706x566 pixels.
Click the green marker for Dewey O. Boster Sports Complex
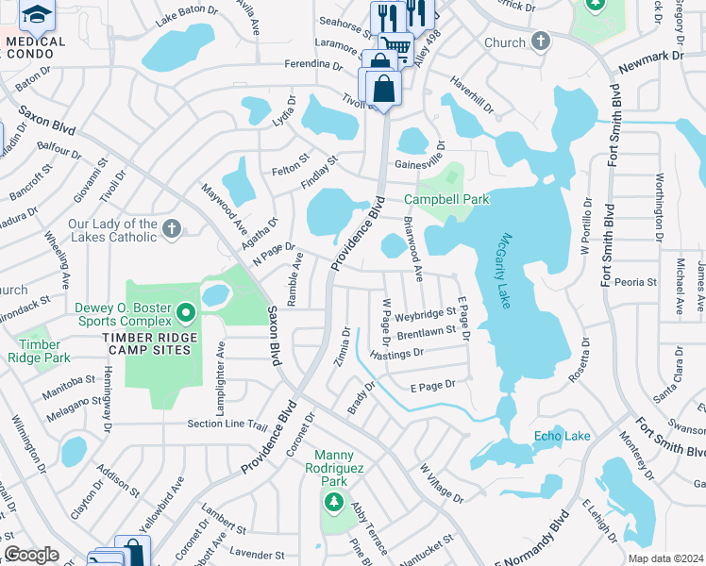(x=187, y=311)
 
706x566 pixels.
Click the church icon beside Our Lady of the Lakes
(x=172, y=227)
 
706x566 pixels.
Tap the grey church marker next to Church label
(x=540, y=42)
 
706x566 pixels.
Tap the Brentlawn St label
(x=427, y=334)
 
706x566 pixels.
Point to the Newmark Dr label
(x=650, y=62)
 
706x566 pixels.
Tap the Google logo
(x=31, y=555)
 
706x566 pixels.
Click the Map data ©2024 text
(x=665, y=558)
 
